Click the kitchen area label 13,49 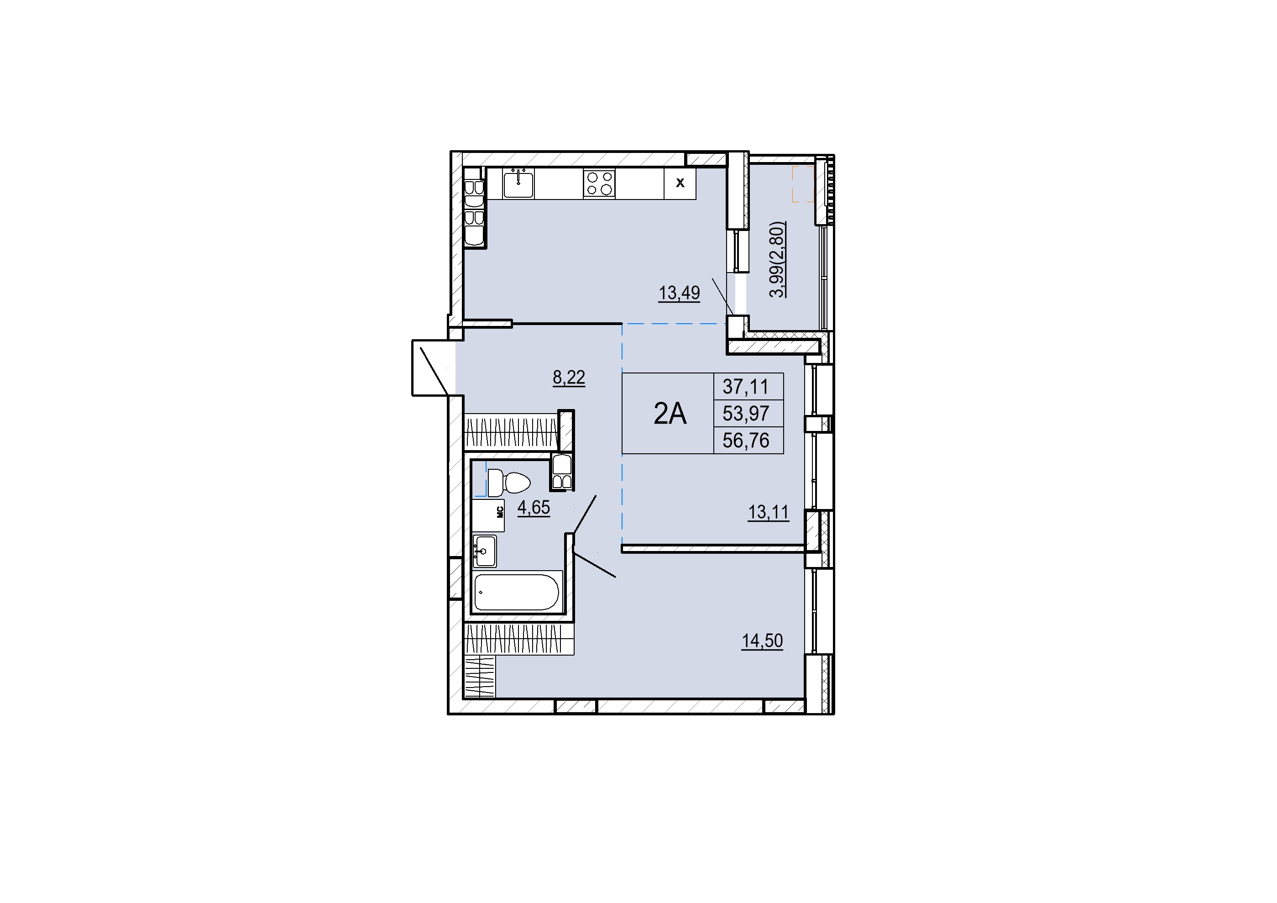(x=679, y=293)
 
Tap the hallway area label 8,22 (x=568, y=378)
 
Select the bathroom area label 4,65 (x=534, y=507)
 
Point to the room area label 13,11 (x=768, y=512)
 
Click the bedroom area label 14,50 (x=762, y=641)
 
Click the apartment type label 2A (x=670, y=414)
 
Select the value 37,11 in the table (x=745, y=386)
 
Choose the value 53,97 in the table (x=745, y=414)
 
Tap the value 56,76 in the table (x=745, y=441)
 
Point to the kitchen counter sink (x=518, y=184)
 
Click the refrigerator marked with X (x=680, y=184)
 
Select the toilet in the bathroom (x=509, y=483)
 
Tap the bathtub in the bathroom (x=516, y=593)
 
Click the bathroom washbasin (x=484, y=551)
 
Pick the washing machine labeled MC (x=488, y=516)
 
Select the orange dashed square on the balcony (x=803, y=184)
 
